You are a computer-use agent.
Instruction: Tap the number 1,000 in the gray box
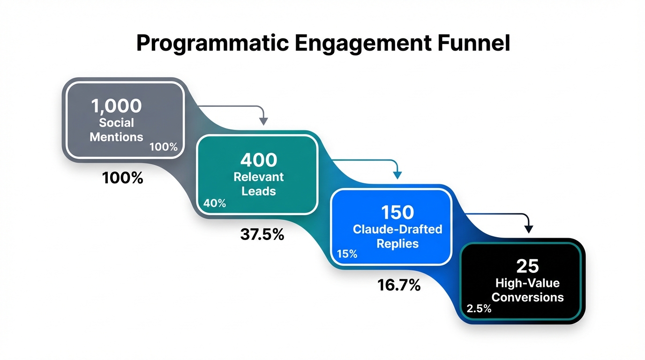(116, 106)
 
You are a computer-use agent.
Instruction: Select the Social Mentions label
(116, 130)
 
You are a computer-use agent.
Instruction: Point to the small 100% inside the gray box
(164, 147)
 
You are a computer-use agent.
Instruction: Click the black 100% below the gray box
(122, 178)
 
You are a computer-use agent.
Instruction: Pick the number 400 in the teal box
(259, 160)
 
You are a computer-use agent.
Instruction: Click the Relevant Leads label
(259, 184)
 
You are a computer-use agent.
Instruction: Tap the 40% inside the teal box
(215, 203)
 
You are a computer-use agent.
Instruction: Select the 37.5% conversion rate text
(262, 234)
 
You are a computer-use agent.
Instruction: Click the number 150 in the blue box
(397, 213)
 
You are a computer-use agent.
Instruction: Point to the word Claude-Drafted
(397, 230)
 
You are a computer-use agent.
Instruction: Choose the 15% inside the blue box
(347, 254)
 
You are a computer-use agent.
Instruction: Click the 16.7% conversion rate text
(399, 285)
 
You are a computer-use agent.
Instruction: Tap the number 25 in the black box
(528, 266)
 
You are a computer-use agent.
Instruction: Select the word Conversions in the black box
(528, 297)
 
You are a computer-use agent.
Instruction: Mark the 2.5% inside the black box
(479, 308)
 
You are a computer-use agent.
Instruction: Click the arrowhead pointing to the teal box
(264, 121)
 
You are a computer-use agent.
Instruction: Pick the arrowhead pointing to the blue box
(397, 175)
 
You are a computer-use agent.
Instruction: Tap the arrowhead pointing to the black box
(529, 229)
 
